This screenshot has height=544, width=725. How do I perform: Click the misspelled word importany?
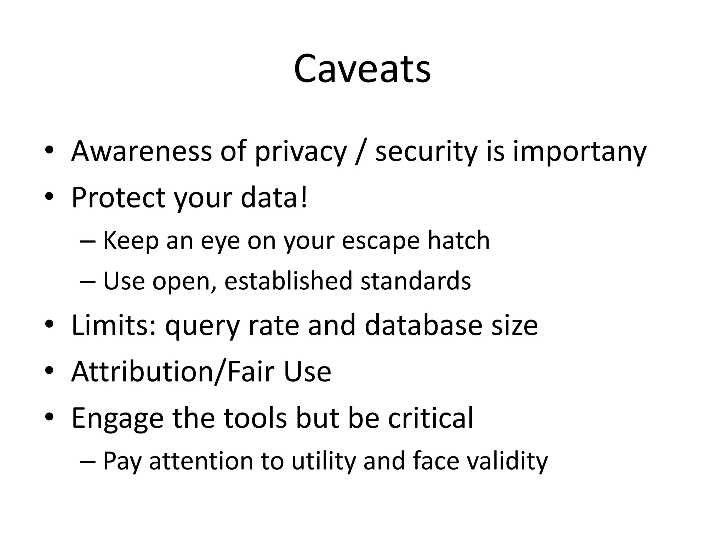[x=579, y=152]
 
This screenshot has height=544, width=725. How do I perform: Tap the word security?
[x=426, y=152]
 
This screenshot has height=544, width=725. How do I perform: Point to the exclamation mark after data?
[x=304, y=197]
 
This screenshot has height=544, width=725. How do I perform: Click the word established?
[x=288, y=280]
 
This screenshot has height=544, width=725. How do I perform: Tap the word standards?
[x=416, y=280]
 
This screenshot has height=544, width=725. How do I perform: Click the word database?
[x=423, y=325]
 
